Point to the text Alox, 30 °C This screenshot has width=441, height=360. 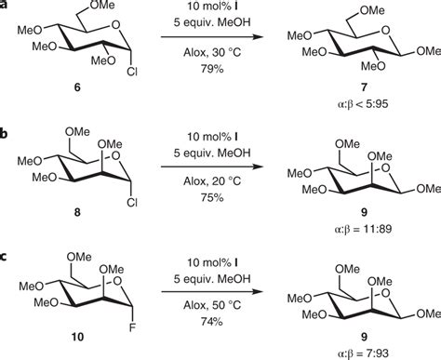pyautogui.click(x=215, y=54)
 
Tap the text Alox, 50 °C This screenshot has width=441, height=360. pyautogui.click(x=215, y=288)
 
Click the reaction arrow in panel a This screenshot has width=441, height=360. pyautogui.click(x=215, y=38)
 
